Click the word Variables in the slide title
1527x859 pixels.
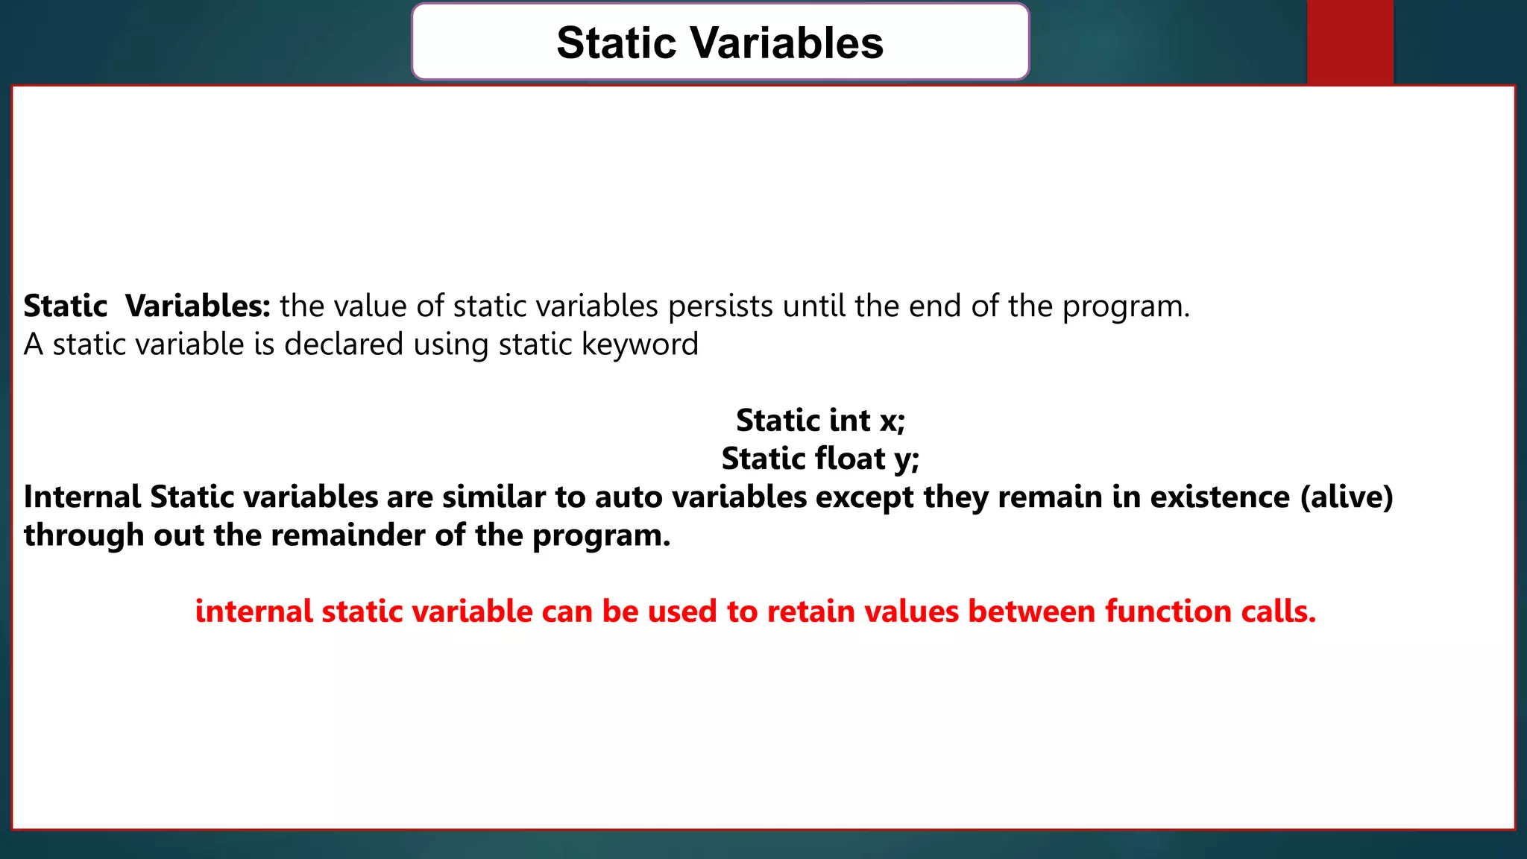[x=786, y=43]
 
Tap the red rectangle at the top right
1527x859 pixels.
[x=1350, y=42]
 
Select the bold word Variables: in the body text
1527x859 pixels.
[x=198, y=306]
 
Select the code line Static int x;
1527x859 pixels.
[x=820, y=421]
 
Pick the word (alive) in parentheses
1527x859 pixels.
[x=1347, y=497]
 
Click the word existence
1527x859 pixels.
[x=1220, y=497]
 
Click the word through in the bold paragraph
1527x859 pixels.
[x=84, y=535]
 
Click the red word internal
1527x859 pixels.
[x=254, y=611]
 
